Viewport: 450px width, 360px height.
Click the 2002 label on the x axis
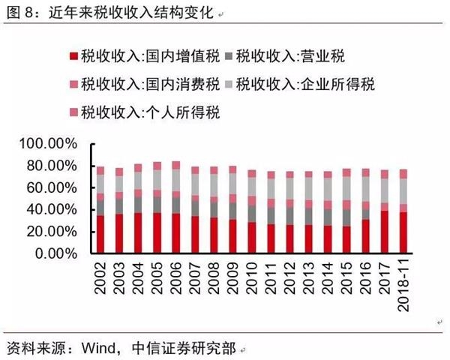pyautogui.click(x=100, y=277)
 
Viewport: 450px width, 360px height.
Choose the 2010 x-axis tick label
pyautogui.click(x=251, y=277)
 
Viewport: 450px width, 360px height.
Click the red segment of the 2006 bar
pyautogui.click(x=175, y=233)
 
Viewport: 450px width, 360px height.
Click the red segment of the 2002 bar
pyautogui.click(x=100, y=234)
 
